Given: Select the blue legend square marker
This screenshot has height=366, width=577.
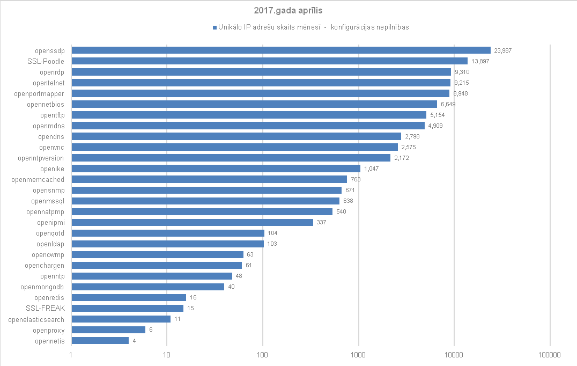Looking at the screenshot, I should click(x=214, y=27).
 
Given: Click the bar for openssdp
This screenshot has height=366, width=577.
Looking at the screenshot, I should click(x=281, y=50).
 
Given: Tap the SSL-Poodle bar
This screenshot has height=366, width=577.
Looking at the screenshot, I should click(x=269, y=61).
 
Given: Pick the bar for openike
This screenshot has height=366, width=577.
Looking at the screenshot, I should click(x=216, y=169).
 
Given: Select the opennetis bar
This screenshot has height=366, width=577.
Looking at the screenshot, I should click(x=100, y=340).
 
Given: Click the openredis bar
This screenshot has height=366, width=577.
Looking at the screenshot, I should click(x=129, y=297).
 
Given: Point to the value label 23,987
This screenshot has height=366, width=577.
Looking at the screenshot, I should click(x=503, y=50).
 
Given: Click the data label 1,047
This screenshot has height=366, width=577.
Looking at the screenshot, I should click(x=372, y=169).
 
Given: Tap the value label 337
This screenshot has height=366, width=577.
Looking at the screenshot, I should click(x=322, y=222).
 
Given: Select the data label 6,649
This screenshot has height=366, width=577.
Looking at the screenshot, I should click(x=449, y=104).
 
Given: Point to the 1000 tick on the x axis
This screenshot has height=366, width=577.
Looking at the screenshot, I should click(x=358, y=355).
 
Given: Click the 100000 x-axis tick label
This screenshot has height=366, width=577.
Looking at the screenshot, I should click(x=550, y=355).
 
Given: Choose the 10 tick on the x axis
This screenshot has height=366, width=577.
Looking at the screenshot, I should click(x=167, y=355).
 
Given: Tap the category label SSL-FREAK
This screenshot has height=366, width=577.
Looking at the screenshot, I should click(x=45, y=308).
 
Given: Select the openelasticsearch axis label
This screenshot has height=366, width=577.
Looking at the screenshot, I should click(x=36, y=319).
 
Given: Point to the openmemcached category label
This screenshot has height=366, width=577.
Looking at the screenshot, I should click(x=38, y=179).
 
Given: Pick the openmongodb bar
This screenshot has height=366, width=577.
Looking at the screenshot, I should click(x=147, y=287).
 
